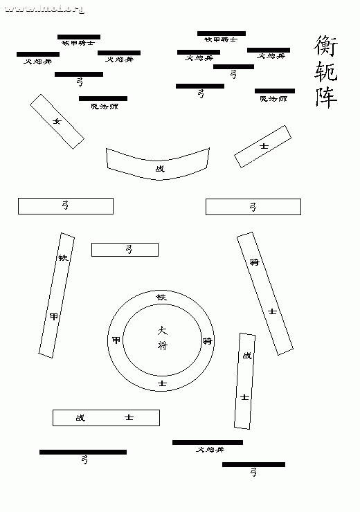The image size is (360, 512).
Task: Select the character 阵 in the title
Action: [x=325, y=97]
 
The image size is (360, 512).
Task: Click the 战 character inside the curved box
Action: [x=161, y=168]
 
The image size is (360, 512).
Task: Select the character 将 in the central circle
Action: [x=162, y=347]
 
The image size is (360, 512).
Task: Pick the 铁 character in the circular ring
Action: [x=161, y=297]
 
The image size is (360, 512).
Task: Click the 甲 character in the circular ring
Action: [x=116, y=340]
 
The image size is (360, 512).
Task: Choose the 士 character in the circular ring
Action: [x=161, y=383]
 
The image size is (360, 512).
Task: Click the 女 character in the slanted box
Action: [x=57, y=121]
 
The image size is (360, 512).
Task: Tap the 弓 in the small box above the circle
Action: [x=128, y=250]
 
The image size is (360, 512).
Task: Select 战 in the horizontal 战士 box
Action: [x=81, y=418]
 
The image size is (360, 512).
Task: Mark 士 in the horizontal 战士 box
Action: [x=129, y=418]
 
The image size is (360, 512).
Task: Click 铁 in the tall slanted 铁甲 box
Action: [x=63, y=258]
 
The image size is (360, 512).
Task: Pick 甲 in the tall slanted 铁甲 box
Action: [x=54, y=316]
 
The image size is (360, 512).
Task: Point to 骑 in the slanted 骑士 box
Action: [x=254, y=262]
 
